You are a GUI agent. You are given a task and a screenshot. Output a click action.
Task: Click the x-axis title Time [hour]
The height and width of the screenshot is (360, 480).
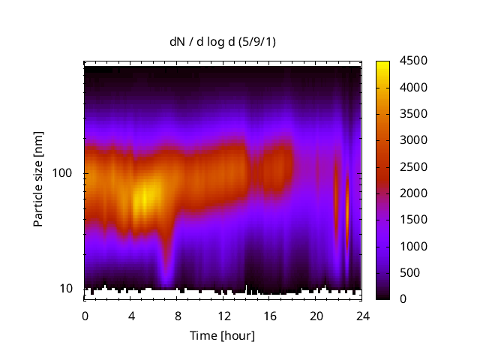pos(221,335)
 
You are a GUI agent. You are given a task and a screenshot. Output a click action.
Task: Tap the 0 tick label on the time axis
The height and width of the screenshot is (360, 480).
pos(85,314)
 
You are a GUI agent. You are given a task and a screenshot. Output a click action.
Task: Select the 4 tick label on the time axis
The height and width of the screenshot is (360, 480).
pos(131,314)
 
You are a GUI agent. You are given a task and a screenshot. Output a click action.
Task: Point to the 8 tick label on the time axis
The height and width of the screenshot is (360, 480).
pos(177,314)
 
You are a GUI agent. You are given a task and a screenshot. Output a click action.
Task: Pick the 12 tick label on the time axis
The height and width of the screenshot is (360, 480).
pos(223,314)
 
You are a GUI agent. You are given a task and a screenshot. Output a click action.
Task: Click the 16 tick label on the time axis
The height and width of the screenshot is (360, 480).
pos(270,314)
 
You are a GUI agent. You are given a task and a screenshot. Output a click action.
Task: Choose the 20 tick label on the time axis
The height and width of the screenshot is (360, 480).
pos(316,314)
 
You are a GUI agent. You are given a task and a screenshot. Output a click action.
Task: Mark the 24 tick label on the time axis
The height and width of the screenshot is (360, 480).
pos(362,314)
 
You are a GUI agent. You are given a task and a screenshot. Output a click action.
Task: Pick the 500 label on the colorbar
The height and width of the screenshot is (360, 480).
pos(410,273)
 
